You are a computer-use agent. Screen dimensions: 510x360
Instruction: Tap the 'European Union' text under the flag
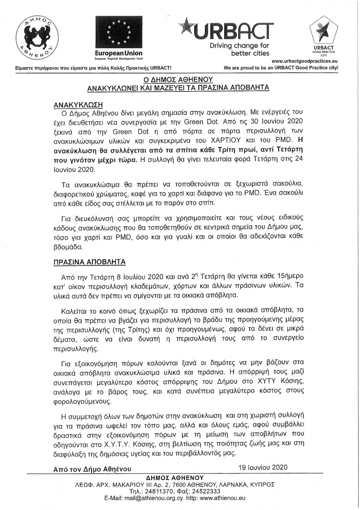[119, 53]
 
